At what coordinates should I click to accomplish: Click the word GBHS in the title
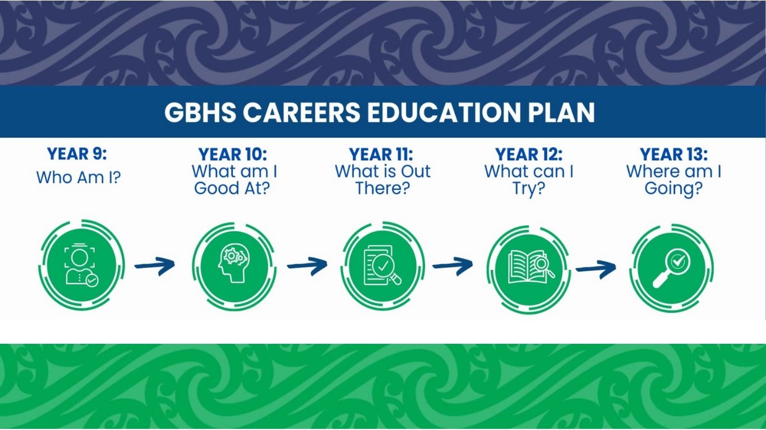tap(200, 112)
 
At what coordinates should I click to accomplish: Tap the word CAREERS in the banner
tap(302, 112)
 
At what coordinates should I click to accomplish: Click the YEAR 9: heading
tap(77, 154)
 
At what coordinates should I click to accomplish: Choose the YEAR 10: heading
tap(233, 155)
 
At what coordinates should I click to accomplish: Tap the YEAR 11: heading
tap(381, 155)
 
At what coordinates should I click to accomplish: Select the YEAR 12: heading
tap(529, 155)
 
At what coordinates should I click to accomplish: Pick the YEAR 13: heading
tap(673, 155)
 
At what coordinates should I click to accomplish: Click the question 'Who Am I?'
tap(79, 177)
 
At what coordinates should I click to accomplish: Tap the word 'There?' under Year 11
tap(382, 188)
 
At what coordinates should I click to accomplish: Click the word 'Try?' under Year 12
tap(529, 189)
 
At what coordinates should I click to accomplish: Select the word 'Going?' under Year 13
tap(673, 189)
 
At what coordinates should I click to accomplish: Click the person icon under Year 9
tap(81, 266)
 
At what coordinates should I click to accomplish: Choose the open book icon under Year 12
tap(532, 267)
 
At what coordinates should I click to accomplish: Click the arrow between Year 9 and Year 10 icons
tap(155, 265)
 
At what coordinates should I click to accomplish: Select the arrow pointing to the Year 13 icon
tap(596, 270)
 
